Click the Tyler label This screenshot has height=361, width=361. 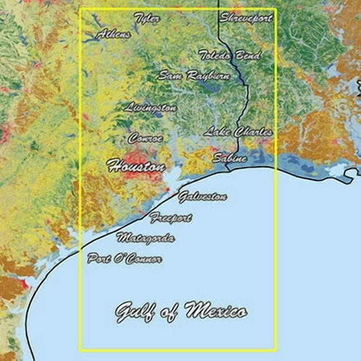click(148, 19)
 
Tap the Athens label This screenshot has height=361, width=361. click(114, 34)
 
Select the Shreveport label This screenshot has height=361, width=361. click(246, 18)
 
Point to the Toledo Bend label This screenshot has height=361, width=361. click(229, 55)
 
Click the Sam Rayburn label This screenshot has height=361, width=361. click(194, 76)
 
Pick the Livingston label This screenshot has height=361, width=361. click(151, 107)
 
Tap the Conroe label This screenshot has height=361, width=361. click(146, 138)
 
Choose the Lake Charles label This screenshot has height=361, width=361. click(238, 132)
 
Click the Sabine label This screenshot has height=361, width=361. click(229, 158)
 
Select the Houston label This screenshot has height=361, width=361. click(136, 166)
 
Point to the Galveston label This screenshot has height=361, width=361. click(202, 197)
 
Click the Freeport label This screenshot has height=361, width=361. click(171, 218)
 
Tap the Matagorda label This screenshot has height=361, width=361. click(146, 238)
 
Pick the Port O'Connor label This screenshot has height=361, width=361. click(124, 258)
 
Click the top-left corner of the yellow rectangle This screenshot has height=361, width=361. click(81, 9)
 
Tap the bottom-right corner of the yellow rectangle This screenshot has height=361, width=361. click(276, 350)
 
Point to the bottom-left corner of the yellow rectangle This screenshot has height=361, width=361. click(81, 350)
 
